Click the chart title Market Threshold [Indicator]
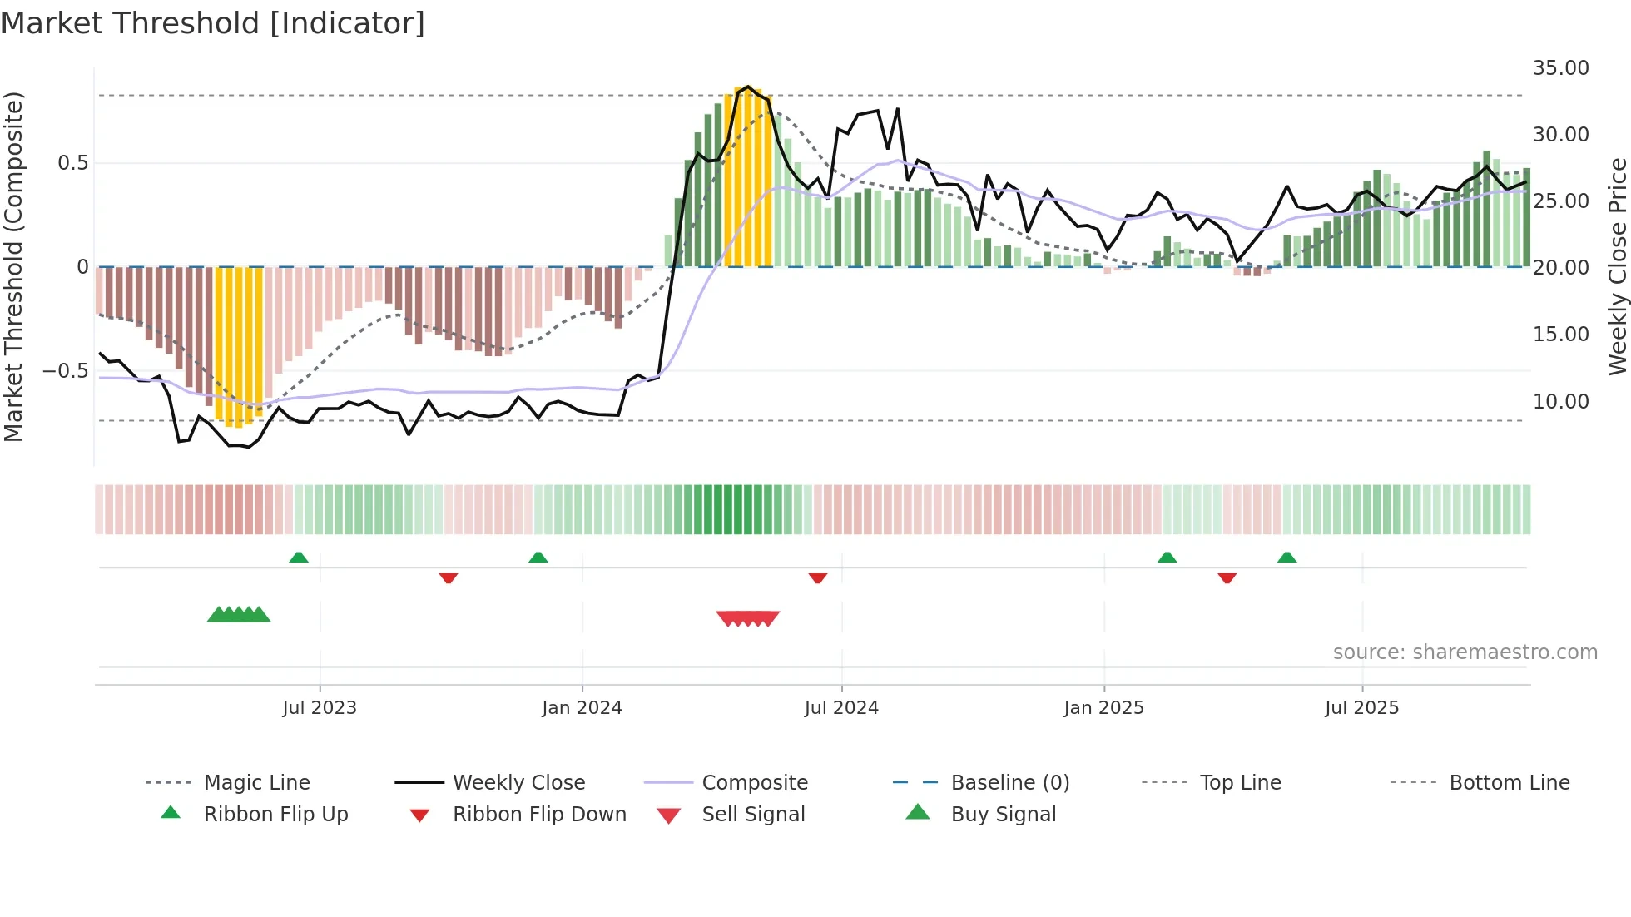[213, 23]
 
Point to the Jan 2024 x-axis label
[582, 708]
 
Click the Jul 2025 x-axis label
[1361, 708]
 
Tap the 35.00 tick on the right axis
[1560, 68]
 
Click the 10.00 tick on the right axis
[1560, 402]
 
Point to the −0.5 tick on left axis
[65, 371]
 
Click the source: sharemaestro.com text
[1465, 652]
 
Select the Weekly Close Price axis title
[1617, 266]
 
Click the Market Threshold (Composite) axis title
[13, 266]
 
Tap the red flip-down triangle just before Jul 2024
[817, 577]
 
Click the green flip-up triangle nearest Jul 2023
[298, 557]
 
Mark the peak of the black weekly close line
[747, 87]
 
